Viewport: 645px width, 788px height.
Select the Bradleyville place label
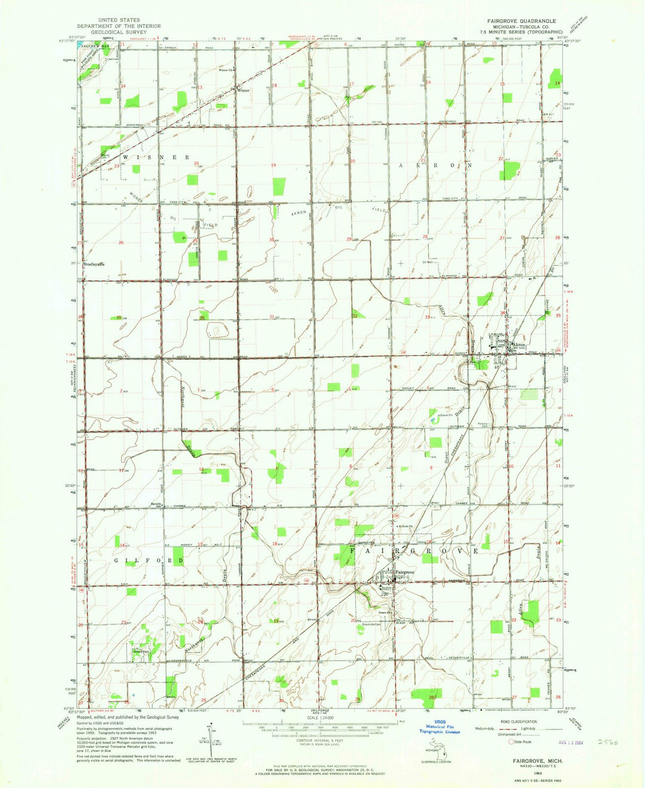pos(94,264)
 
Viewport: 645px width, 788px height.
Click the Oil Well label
pos(426,261)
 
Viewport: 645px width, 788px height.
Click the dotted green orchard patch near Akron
pos(529,395)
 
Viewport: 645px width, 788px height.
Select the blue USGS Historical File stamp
pos(440,726)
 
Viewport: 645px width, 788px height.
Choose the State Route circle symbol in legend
pos(511,742)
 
